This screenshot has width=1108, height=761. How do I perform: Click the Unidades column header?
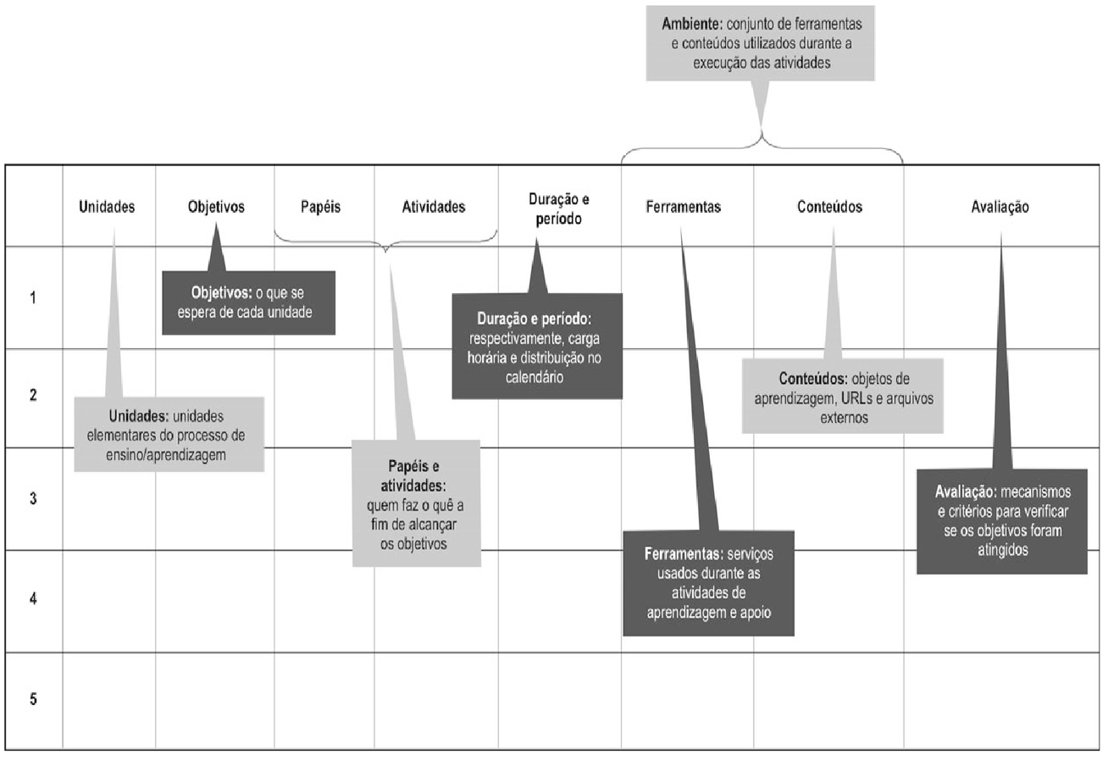pyautogui.click(x=107, y=207)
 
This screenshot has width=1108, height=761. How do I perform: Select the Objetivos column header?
pyautogui.click(x=216, y=207)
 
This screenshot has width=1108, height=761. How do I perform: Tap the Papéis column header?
pyautogui.click(x=321, y=207)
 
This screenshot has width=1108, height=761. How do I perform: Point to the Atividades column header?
pyautogui.click(x=433, y=207)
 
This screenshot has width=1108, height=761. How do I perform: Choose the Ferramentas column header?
pyautogui.click(x=683, y=207)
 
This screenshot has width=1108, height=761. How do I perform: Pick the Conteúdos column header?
pyautogui.click(x=829, y=207)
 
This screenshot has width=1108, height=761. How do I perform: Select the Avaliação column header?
pyautogui.click(x=1000, y=207)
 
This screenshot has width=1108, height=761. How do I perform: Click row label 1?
pyautogui.click(x=32, y=297)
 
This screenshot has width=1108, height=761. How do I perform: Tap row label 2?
pyautogui.click(x=32, y=396)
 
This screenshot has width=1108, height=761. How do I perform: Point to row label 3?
pyautogui.click(x=32, y=499)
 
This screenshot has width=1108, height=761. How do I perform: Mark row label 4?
pyautogui.click(x=32, y=598)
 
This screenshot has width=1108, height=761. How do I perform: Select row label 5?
pyautogui.click(x=32, y=700)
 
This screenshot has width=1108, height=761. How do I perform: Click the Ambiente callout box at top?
pyautogui.click(x=761, y=43)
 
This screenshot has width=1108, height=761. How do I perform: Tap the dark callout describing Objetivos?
pyautogui.click(x=248, y=303)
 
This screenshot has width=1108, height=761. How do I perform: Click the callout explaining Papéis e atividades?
pyautogui.click(x=415, y=503)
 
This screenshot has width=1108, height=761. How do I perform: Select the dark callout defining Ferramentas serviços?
pyautogui.click(x=708, y=582)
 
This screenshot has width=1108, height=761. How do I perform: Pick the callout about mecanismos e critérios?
pyautogui.click(x=1002, y=520)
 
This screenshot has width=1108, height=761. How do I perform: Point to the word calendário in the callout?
pyautogui.click(x=537, y=378)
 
